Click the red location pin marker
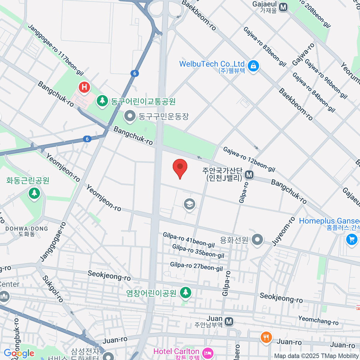coord(180,167)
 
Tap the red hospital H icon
coord(84,87)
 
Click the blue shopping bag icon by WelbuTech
coord(253,65)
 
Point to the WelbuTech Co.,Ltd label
coord(212,64)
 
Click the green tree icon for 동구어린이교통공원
coord(103,100)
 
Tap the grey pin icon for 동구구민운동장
coord(130,116)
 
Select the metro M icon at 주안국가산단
coord(249,174)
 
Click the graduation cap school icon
coord(189,204)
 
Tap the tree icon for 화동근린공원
coord(34,193)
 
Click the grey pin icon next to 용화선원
coord(257,240)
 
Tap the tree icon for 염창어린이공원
coord(186,292)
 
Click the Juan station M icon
coord(229,322)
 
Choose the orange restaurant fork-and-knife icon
coord(266,337)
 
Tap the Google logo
coord(19,353)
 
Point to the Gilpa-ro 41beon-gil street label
coord(189,240)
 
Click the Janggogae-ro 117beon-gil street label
coord(56,50)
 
